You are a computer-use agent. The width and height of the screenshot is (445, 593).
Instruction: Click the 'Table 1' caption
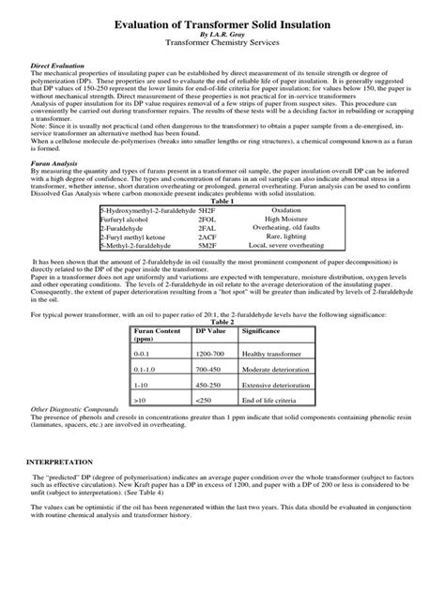(222, 201)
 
